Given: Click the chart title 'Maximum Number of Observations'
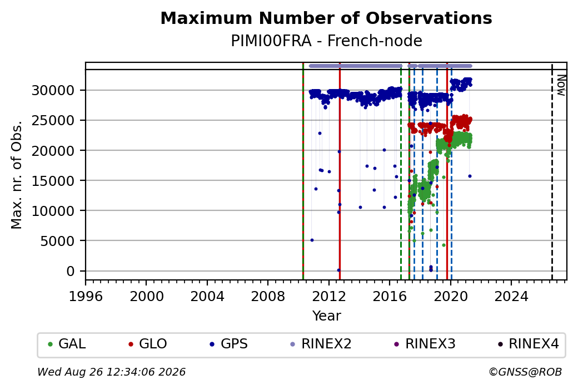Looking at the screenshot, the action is tap(326, 18).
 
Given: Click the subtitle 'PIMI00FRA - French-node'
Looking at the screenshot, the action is tap(326, 41).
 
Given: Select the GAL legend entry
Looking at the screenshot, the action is tap(67, 344).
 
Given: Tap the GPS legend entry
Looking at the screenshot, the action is tap(228, 344).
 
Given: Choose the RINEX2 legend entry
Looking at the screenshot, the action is tap(321, 344).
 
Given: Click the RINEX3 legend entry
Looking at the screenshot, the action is tap(425, 344).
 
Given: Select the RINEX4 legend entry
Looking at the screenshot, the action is tap(528, 344).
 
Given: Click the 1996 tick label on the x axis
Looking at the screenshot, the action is tap(86, 297).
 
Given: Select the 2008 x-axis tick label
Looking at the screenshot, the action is tap(268, 297).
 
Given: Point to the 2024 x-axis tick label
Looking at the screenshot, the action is tap(511, 297).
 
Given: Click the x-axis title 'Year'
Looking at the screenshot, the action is tap(327, 316).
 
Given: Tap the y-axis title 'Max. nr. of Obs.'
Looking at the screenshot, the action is tap(17, 174).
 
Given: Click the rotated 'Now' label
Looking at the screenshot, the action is tap(561, 85).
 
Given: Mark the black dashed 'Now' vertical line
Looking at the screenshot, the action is tap(552, 171).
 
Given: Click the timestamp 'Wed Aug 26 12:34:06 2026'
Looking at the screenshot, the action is tap(111, 372).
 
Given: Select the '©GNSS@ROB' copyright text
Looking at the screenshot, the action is tap(525, 372).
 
